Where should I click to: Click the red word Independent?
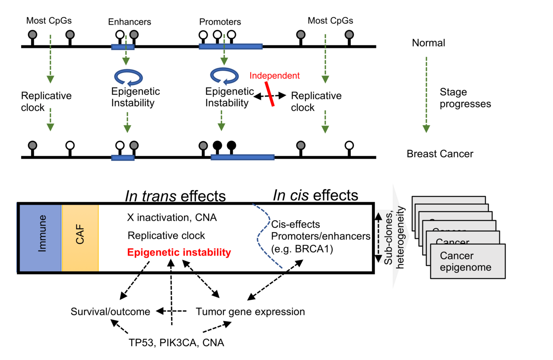pyautogui.click(x=274, y=76)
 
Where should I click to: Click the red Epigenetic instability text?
pyautogui.click(x=179, y=253)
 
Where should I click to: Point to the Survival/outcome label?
pyautogui.click(x=111, y=311)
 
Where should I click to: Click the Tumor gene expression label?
pyautogui.click(x=251, y=311)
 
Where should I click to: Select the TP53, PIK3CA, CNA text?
pyautogui.click(x=177, y=343)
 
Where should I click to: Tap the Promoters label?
pyautogui.click(x=220, y=22)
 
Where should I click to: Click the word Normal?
pyautogui.click(x=428, y=43)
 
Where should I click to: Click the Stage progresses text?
pyautogui.click(x=465, y=98)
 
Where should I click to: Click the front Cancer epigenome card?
pyautogui.click(x=468, y=262)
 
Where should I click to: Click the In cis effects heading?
pyautogui.click(x=315, y=195)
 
